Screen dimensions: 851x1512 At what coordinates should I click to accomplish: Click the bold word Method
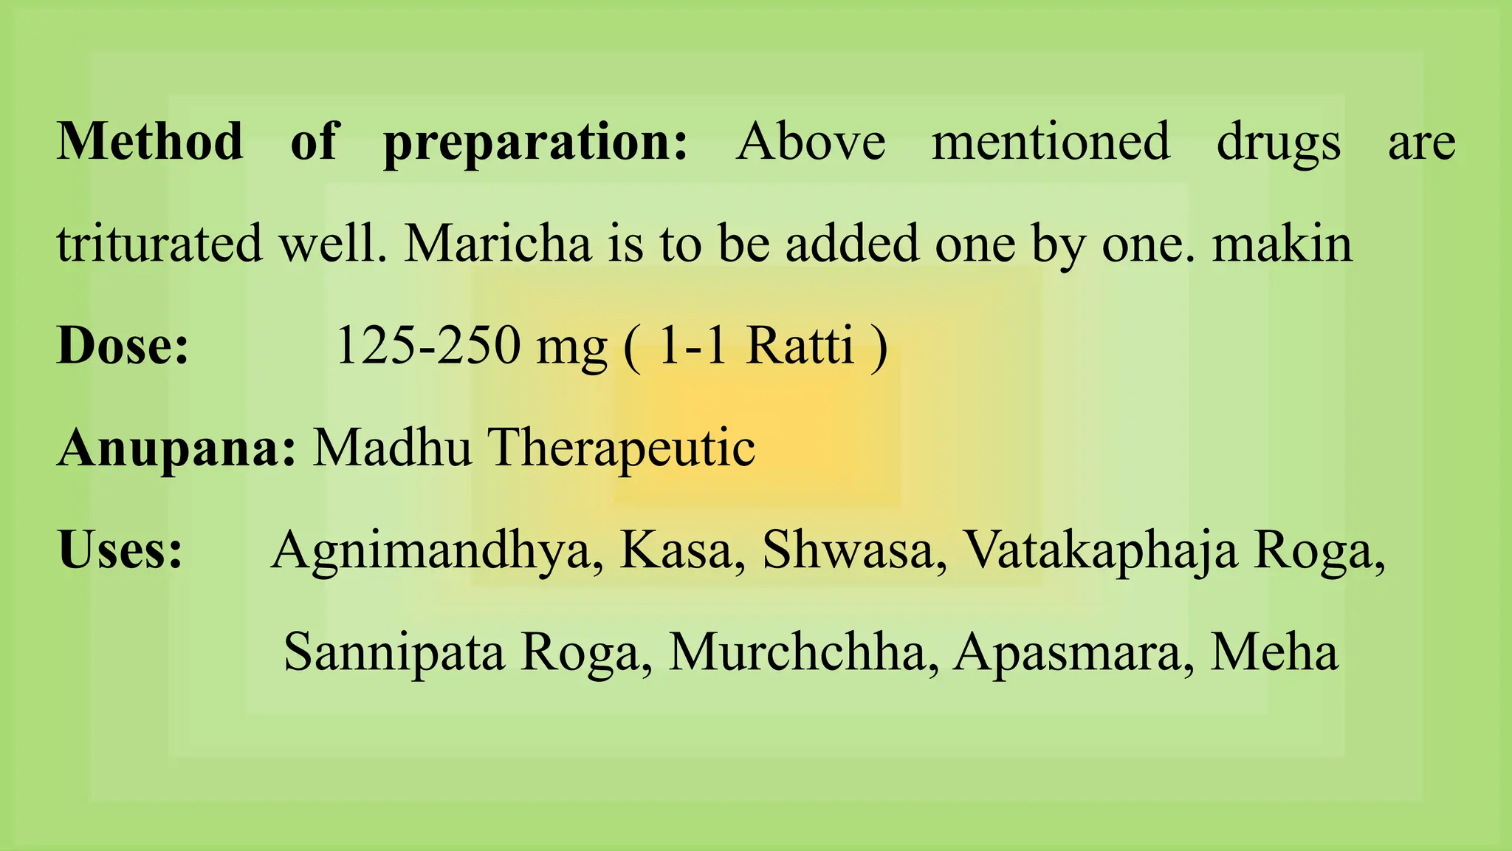[x=150, y=141]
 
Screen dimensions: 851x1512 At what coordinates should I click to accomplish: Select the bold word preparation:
[x=535, y=143]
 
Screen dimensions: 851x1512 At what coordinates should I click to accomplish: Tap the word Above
[x=811, y=141]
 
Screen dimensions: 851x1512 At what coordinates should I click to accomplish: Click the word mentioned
[x=1051, y=141]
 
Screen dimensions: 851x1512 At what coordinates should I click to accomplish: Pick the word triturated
[x=159, y=244]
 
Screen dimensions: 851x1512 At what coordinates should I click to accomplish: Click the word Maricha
[x=498, y=244]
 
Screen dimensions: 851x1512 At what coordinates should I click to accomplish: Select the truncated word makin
[x=1282, y=244]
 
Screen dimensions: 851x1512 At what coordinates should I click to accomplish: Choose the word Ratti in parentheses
[x=800, y=346]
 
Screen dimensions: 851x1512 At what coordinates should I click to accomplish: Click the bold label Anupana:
[x=176, y=448]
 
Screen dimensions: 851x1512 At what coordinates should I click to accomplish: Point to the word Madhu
[x=392, y=448]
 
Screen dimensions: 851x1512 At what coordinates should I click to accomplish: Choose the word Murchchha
[x=797, y=653]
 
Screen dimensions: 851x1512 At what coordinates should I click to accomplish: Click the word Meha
[x=1274, y=653]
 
